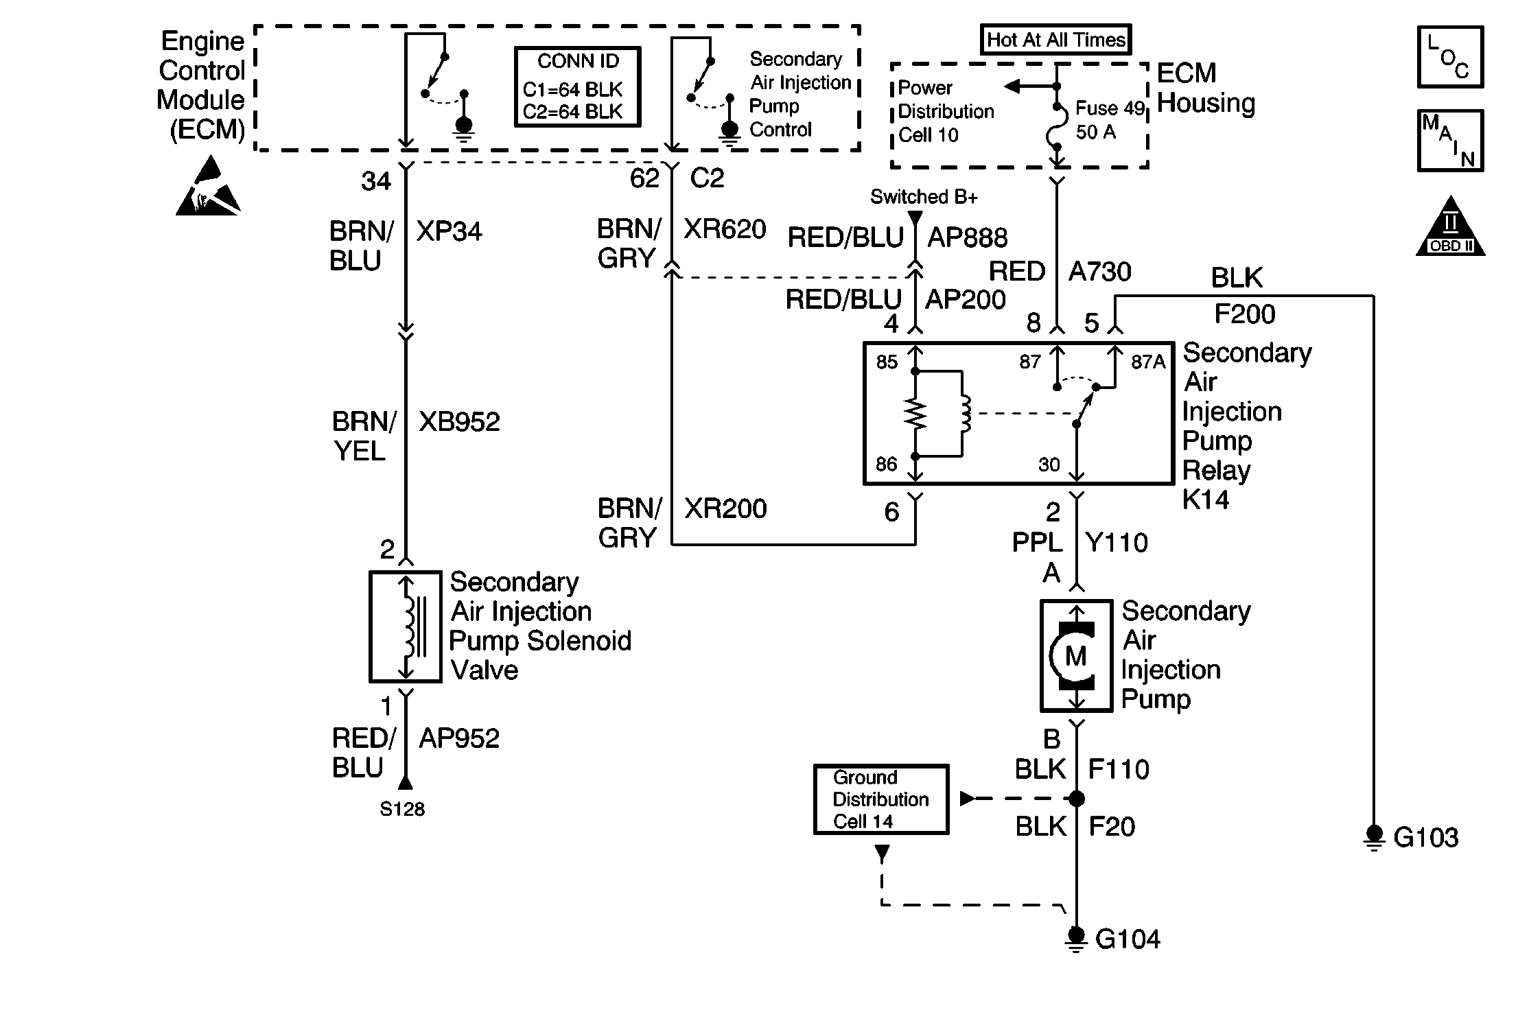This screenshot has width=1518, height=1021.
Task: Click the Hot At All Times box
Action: pos(1055,40)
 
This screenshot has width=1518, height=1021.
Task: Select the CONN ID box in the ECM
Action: pos(577,87)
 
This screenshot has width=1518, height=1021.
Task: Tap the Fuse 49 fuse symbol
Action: pos(1058,128)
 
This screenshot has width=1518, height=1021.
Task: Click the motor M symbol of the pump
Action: pos(1075,656)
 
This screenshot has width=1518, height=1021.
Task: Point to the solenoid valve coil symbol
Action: pos(409,626)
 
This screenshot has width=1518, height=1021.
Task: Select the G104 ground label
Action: pos(1128,939)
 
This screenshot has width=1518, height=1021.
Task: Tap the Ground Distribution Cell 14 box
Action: pos(881,799)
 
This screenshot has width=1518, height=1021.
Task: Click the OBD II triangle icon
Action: pos(1450,229)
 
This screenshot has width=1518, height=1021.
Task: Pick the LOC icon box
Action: pos(1450,58)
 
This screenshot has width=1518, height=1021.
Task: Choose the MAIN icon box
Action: pos(1450,141)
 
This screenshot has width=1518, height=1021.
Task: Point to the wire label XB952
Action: pos(459,421)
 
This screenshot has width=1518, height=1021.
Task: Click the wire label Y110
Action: pos(1117,543)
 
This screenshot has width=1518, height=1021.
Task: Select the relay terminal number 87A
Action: pos(1147,362)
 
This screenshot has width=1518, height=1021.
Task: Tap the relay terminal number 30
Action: pos(1049,465)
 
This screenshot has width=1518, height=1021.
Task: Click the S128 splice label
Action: pos(402,810)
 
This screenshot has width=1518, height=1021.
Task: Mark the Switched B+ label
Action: pos(924,197)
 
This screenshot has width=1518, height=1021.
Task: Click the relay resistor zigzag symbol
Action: pos(915,414)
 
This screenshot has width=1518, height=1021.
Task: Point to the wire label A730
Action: pos(1099,272)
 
